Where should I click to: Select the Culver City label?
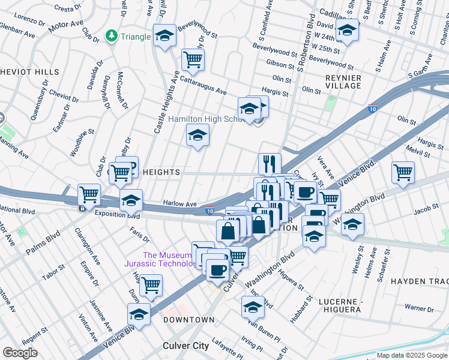[x=185, y=346]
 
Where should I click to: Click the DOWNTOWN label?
[x=189, y=320]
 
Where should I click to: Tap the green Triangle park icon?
[x=111, y=37]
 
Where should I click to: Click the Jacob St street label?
[x=426, y=209]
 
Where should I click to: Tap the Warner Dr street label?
[x=418, y=308]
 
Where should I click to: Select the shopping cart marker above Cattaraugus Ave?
[x=193, y=59]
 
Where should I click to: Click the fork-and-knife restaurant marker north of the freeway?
[x=270, y=163]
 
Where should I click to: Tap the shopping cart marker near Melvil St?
[x=403, y=172]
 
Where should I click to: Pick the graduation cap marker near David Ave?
[x=347, y=30]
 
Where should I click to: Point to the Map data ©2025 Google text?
[x=412, y=355]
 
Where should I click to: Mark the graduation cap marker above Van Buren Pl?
[x=253, y=306]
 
